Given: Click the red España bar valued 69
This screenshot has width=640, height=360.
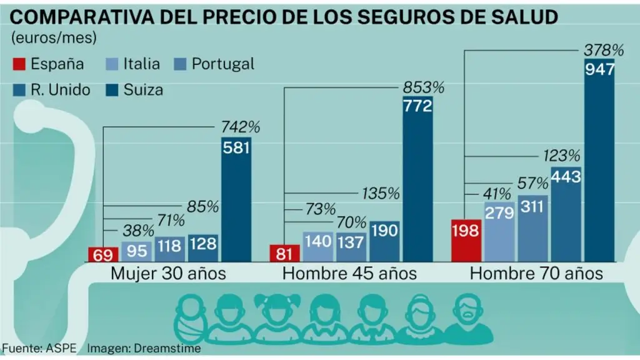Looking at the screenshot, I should tap(103, 254).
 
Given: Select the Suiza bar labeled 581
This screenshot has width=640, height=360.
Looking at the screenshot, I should tap(236, 200).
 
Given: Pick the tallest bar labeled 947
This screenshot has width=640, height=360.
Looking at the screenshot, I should tap(599, 159).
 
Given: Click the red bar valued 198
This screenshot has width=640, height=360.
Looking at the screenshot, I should tap(466, 241).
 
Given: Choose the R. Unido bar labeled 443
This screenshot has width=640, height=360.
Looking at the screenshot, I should tap(566, 212).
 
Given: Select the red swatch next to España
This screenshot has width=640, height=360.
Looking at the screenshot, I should tap(19, 64).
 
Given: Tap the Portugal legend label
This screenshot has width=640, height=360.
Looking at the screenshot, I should tap(222, 64).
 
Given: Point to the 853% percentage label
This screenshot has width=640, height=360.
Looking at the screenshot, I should tap(423, 87).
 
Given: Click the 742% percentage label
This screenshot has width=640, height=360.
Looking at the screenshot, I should tap(241, 127).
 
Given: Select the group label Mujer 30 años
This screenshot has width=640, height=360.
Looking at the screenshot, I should tap(168, 273).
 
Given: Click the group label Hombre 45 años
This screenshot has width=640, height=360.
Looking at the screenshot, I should tap(349, 273).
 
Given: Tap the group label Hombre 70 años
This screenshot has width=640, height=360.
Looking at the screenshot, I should tap(536, 273).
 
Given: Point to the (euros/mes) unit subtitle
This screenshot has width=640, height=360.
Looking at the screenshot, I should tap(54, 37).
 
